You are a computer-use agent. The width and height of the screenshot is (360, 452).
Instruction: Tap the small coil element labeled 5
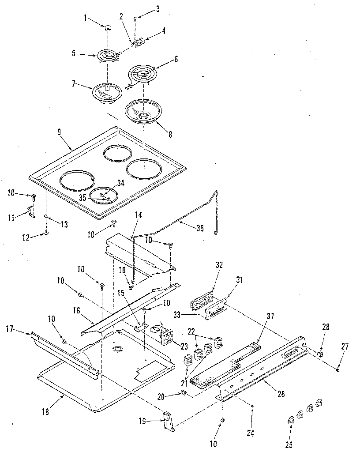click(106, 56)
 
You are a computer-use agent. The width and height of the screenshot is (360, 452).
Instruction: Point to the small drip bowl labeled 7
click(107, 93)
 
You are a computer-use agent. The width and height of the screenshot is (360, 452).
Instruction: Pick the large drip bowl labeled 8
click(143, 111)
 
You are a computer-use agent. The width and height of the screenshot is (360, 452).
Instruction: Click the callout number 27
click(345, 347)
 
